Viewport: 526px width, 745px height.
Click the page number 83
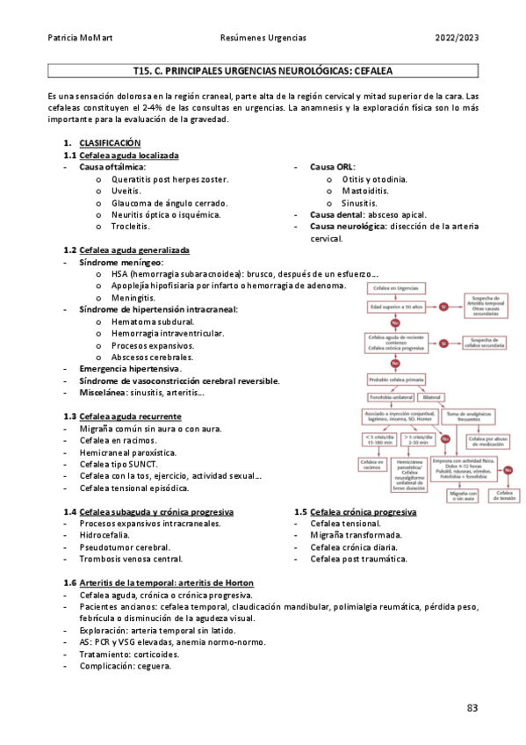pos(472,708)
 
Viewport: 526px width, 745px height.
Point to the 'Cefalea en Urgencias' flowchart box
pos(395,288)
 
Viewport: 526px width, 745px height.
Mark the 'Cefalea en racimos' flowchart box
pos(371,464)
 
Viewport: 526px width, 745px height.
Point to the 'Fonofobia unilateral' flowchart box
pos(393,397)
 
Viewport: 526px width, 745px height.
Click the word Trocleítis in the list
pos(131,227)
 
